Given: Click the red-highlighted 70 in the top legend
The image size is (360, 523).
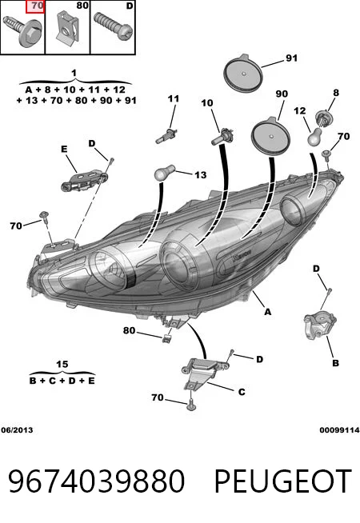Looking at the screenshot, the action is pyautogui.click(x=35, y=6).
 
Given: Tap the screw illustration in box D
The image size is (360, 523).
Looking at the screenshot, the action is pyautogui.click(x=113, y=26).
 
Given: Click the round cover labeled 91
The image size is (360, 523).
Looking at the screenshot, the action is pyautogui.click(x=243, y=73).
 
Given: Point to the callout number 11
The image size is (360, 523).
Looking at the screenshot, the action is pyautogui.click(x=174, y=98).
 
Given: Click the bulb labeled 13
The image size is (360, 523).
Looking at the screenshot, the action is pyautogui.click(x=165, y=174).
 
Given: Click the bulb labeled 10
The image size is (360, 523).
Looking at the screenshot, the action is pyautogui.click(x=222, y=137).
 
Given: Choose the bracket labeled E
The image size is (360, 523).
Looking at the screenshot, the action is pyautogui.click(x=85, y=181).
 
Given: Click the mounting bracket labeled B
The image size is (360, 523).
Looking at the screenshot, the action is pyautogui.click(x=320, y=325).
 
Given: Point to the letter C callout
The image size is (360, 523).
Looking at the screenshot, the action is pyautogui.click(x=242, y=392).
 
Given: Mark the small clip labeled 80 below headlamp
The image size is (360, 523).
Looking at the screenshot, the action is pyautogui.click(x=166, y=338).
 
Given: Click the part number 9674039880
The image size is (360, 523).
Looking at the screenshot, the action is pyautogui.click(x=96, y=481).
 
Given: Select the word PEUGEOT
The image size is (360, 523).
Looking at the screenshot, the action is pyautogui.click(x=283, y=481).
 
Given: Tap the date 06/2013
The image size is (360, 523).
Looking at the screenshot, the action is pyautogui.click(x=17, y=430).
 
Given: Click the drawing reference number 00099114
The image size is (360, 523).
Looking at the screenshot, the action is pyautogui.click(x=339, y=430).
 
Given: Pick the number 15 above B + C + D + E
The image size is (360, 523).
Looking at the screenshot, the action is pyautogui.click(x=62, y=364).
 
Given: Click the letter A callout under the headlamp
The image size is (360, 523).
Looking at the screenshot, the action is pyautogui.click(x=267, y=312).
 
